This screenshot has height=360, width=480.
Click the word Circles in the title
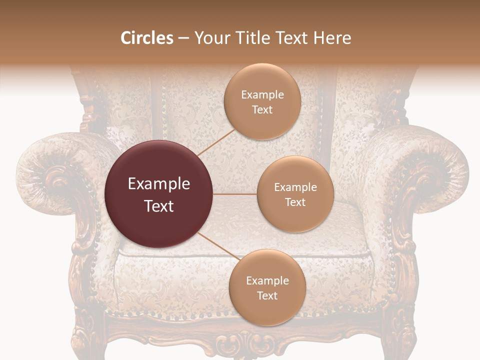147,38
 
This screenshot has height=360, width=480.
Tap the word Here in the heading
332,38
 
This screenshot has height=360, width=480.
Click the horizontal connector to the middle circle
235,194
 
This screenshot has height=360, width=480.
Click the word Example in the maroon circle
159,184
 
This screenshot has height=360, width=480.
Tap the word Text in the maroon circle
159,205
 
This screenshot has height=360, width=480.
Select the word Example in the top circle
262,95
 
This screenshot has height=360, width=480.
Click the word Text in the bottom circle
267,295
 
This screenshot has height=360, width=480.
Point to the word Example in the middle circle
295,187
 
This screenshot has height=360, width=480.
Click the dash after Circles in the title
183,38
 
